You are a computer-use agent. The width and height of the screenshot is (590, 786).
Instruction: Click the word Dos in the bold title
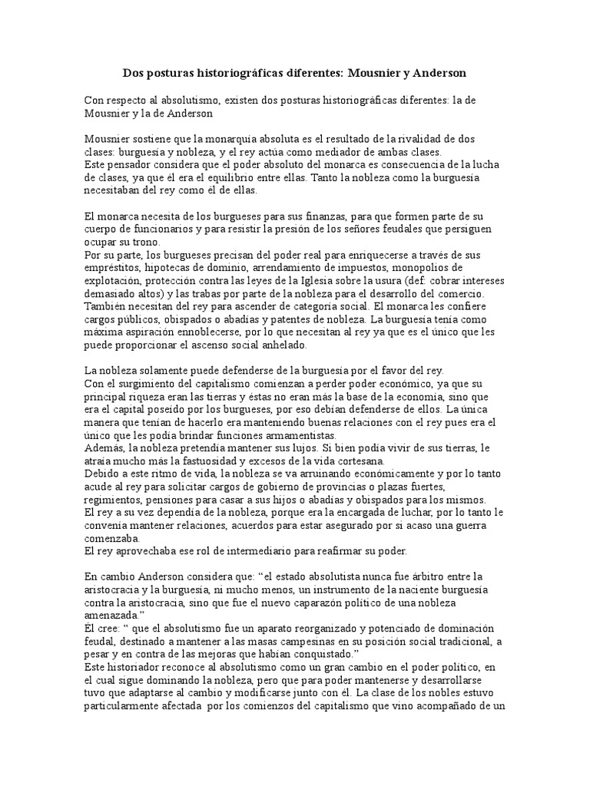click(134, 73)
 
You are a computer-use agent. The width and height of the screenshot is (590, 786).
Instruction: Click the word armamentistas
click(230, 436)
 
